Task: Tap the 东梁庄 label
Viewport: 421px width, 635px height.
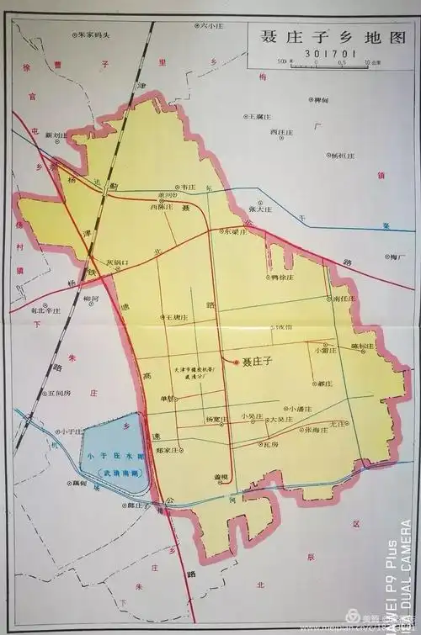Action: (234, 231)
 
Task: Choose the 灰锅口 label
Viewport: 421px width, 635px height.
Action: (117, 263)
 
